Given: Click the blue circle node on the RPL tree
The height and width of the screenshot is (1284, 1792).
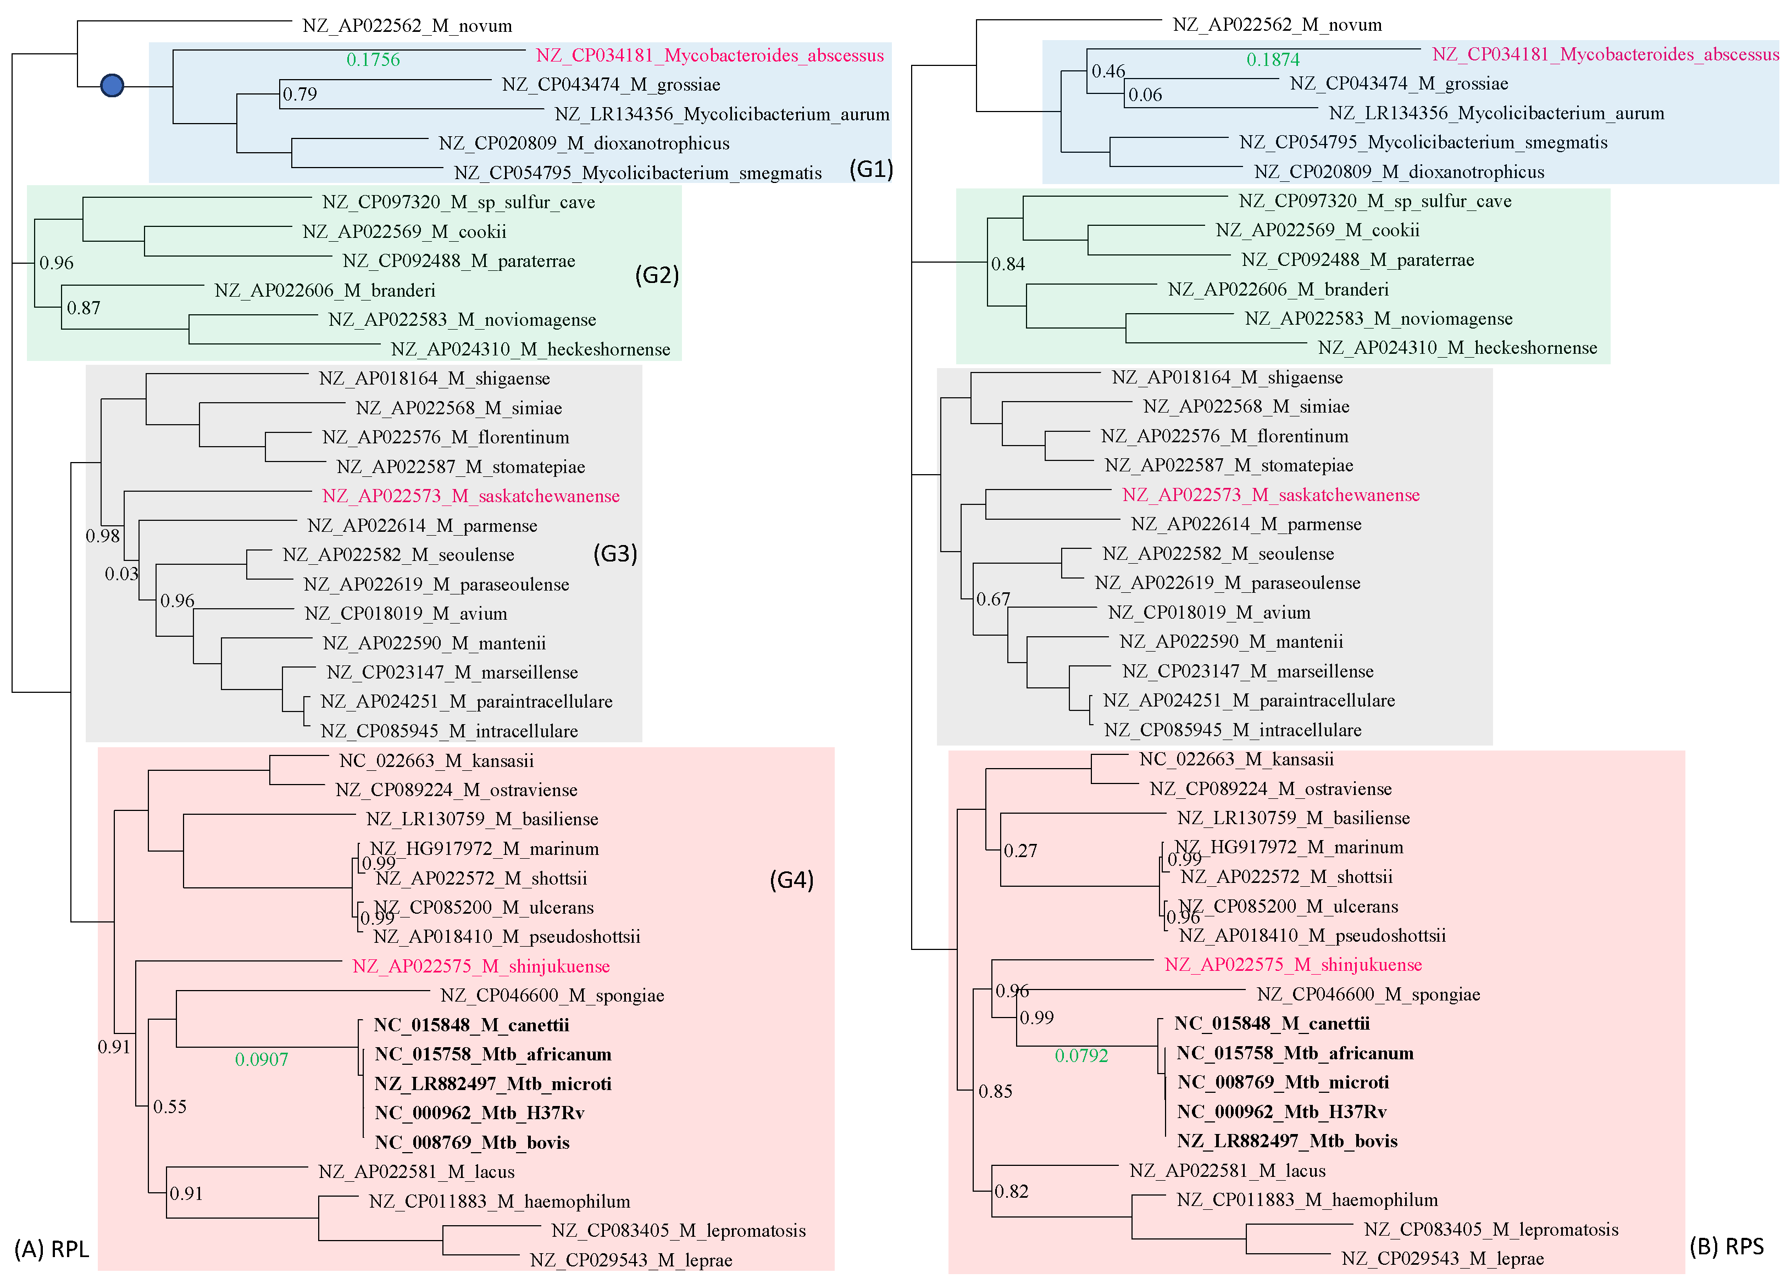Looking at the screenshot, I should click(112, 85).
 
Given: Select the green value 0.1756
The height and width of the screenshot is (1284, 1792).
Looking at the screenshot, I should click(373, 60).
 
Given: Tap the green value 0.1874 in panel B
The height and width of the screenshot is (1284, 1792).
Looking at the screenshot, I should click(1272, 60).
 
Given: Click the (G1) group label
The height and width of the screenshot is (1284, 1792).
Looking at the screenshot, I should click(870, 169).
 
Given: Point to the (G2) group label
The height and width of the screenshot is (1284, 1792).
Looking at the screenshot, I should click(657, 275).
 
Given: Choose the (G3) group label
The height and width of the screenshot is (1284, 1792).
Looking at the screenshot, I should click(615, 553).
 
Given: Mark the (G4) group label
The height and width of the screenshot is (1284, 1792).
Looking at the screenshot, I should click(791, 880).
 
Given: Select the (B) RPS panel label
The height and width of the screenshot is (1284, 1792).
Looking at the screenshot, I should click(1727, 1247).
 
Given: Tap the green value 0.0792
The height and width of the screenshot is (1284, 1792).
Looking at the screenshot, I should click(1081, 1055).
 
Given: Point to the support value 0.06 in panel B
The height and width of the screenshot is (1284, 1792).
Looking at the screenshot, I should click(1145, 96).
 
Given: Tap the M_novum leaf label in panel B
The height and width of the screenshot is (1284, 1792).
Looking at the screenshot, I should click(1277, 25).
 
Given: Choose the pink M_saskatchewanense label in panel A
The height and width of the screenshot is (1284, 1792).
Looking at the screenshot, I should click(471, 496).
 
